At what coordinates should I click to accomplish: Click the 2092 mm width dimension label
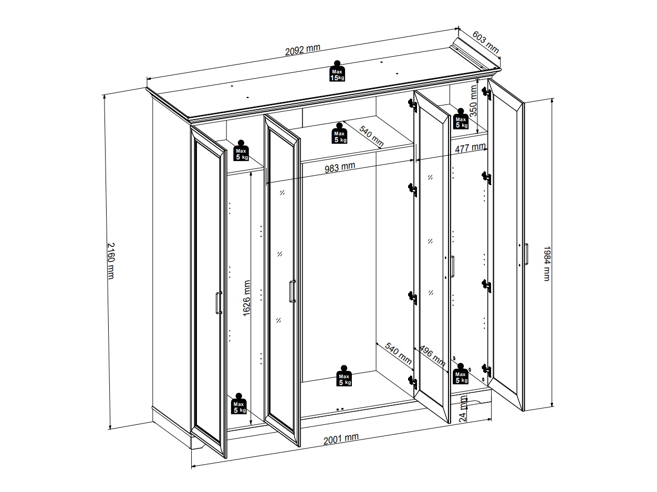[303, 50]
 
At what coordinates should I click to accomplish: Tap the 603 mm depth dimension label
[485, 42]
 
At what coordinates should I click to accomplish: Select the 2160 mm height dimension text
[111, 261]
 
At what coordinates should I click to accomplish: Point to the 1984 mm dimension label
[547, 263]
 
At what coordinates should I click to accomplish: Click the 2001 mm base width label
[341, 439]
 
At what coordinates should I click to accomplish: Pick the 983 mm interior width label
[340, 167]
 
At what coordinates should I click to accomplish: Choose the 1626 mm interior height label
[246, 298]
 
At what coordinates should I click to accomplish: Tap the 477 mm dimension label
[470, 148]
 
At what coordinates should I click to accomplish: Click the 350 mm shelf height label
[473, 101]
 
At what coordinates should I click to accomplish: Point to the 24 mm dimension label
[463, 409]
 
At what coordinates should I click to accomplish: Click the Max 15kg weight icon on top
[337, 71]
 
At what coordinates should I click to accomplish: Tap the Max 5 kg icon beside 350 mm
[461, 119]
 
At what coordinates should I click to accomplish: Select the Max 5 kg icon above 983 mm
[339, 133]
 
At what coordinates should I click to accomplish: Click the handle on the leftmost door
[219, 303]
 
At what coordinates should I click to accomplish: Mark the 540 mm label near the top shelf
[371, 136]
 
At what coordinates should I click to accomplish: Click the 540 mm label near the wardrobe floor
[398, 354]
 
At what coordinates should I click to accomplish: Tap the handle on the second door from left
[293, 291]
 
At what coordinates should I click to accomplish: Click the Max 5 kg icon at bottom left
[238, 403]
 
